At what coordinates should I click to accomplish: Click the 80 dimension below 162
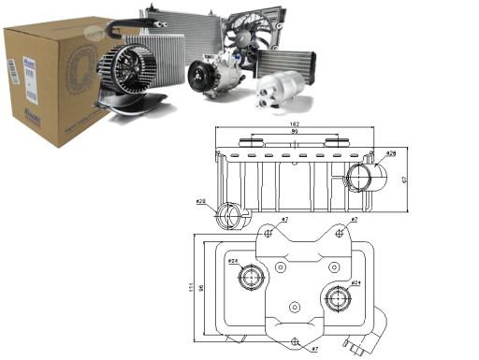(294, 132)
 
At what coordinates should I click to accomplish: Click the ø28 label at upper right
(390, 152)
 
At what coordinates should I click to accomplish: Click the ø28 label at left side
(200, 202)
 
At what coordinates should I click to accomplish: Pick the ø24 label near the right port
(356, 281)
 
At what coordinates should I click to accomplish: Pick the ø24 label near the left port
(234, 261)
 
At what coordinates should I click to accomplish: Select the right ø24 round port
(337, 297)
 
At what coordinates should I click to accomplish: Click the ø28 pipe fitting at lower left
(228, 217)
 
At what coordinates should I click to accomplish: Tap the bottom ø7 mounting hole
(296, 341)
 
